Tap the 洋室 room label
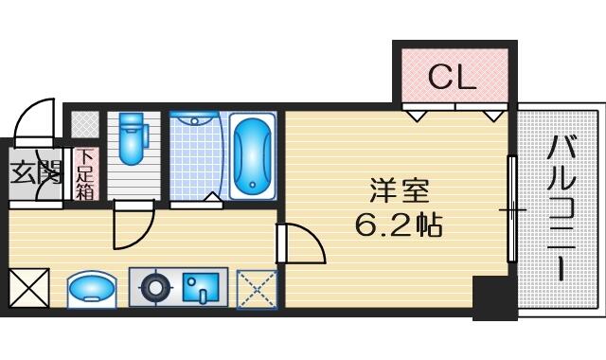point(399,190)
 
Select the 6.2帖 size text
point(399,225)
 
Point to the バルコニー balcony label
point(561,207)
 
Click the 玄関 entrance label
point(36,172)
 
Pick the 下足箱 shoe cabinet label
point(84,174)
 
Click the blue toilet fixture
point(133,138)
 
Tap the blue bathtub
point(253,155)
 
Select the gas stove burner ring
point(155,288)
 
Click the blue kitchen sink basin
point(201,288)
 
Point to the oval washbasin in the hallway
point(92,290)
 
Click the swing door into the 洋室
point(301,243)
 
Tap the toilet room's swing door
point(134,225)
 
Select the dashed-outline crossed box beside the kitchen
point(257,290)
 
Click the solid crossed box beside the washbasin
point(29,288)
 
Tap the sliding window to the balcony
point(511,209)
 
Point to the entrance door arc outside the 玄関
point(34,120)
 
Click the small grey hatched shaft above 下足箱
point(85,124)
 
